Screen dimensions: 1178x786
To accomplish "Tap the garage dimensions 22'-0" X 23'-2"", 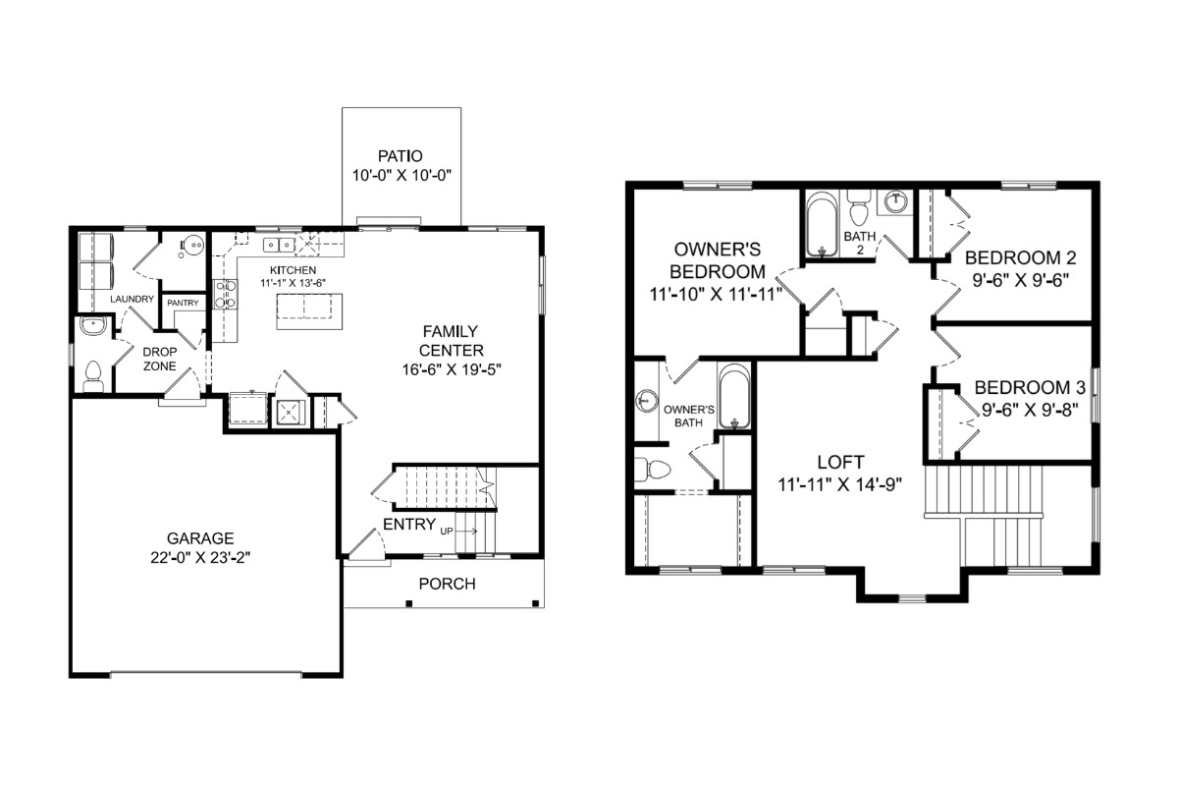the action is click(x=200, y=557).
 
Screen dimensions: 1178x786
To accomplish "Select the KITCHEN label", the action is click(x=293, y=270).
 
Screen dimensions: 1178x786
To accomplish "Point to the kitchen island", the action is click(x=310, y=311).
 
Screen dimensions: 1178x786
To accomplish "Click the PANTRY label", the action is click(x=183, y=303).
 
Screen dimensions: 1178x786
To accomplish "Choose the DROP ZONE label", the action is click(x=160, y=359).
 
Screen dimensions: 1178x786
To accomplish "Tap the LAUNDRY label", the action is click(x=132, y=299).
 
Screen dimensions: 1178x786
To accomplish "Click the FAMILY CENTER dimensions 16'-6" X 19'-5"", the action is click(x=452, y=370).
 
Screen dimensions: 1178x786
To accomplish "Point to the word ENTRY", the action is click(x=409, y=525).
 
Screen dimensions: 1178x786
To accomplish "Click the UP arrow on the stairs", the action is click(x=466, y=532).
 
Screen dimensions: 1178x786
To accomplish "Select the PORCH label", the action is click(x=447, y=584).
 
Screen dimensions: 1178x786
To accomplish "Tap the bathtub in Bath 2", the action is click(x=822, y=225).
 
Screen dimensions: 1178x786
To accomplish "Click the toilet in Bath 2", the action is click(x=859, y=208).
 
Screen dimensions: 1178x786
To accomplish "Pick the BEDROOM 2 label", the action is click(x=1021, y=258).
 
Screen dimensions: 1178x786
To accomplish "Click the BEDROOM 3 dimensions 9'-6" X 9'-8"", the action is click(x=1030, y=410).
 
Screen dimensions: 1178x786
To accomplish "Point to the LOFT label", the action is click(x=840, y=462).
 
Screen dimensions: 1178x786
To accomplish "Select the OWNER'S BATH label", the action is click(x=689, y=416).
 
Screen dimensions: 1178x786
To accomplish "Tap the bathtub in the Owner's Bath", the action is click(x=734, y=396).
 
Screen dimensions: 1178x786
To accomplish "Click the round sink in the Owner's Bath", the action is click(x=646, y=401).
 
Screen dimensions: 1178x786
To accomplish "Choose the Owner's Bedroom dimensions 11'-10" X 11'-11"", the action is click(x=717, y=295).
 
